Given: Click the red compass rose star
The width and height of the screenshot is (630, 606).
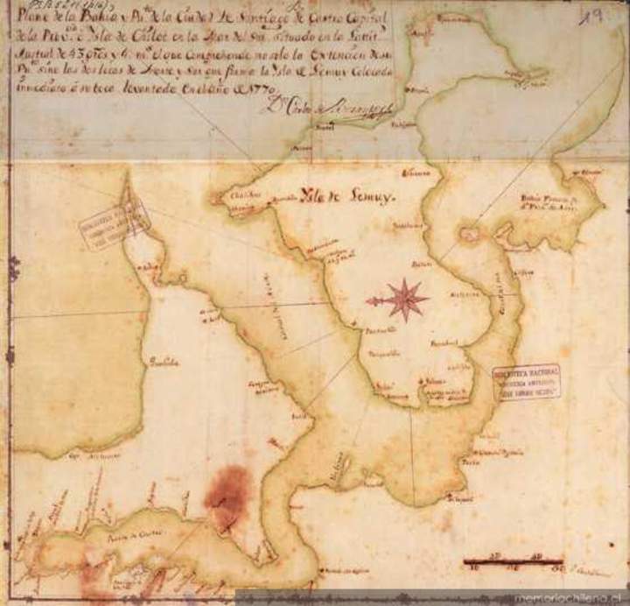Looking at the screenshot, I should point(403,299).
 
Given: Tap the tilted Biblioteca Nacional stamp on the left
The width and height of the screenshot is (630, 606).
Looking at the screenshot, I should point(114,224).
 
